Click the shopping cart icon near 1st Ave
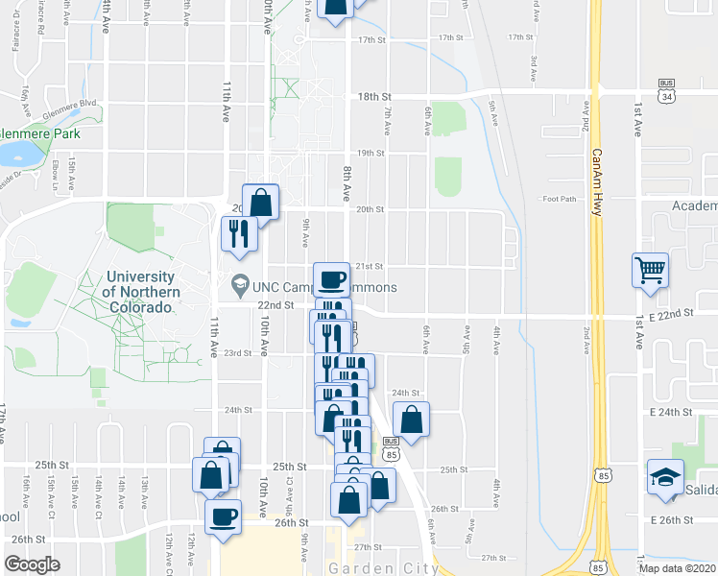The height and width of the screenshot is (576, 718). coord(650,270)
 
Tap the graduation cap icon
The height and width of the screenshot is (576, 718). coord(664,478)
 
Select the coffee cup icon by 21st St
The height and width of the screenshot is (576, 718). coord(332,279)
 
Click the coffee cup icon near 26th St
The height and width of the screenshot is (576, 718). coord(224,516)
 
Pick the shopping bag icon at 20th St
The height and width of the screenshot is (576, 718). coord(260,202)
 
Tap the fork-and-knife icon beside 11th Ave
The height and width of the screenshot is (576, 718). coord(238,233)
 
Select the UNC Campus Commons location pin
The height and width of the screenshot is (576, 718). coord(238,285)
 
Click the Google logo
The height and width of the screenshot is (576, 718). coord(32,564)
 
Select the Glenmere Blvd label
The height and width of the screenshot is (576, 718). coord(77,103)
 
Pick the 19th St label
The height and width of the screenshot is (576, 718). coord(371,153)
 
